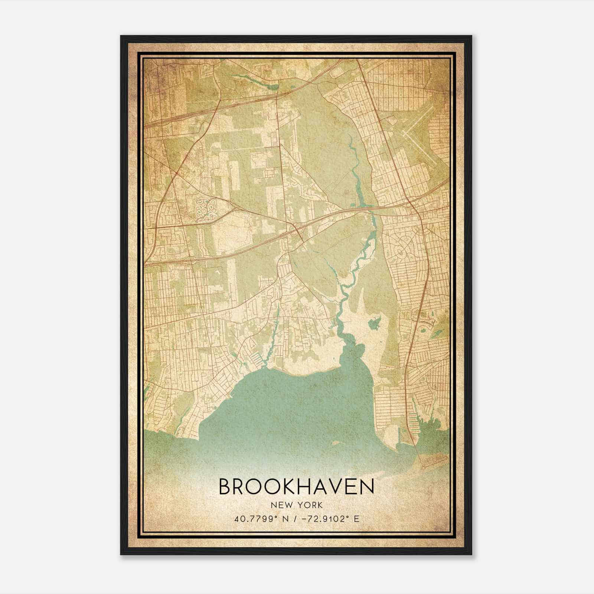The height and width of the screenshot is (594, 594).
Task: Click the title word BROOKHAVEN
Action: click(x=296, y=487)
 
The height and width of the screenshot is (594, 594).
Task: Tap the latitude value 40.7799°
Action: click(x=252, y=519)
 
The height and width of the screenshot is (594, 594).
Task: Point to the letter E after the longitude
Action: click(x=356, y=519)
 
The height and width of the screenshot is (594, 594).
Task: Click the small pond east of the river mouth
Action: click(x=373, y=323)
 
